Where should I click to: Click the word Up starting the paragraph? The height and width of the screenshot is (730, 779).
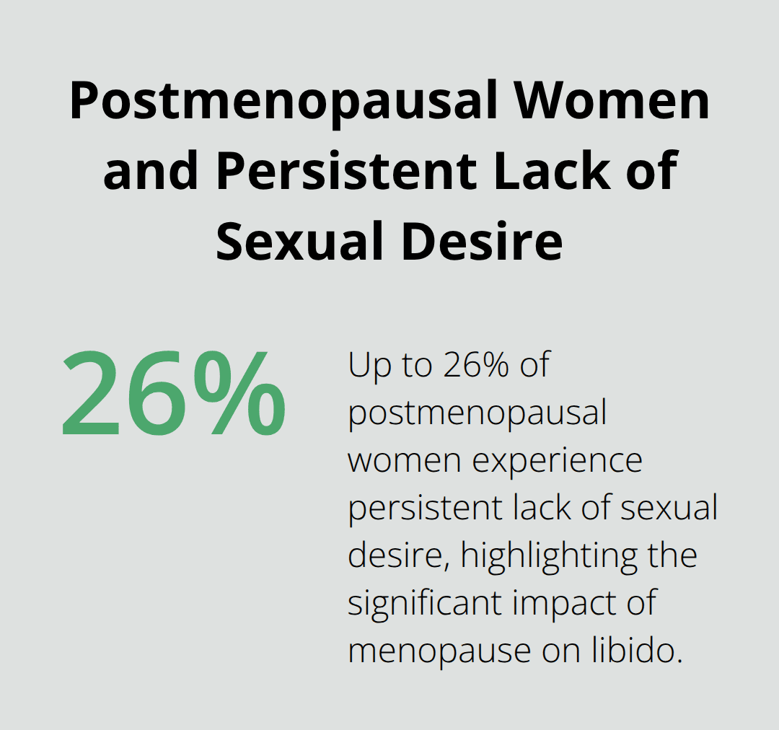pyautogui.click(x=367, y=366)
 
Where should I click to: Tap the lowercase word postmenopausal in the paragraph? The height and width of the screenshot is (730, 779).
pyautogui.click(x=477, y=413)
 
